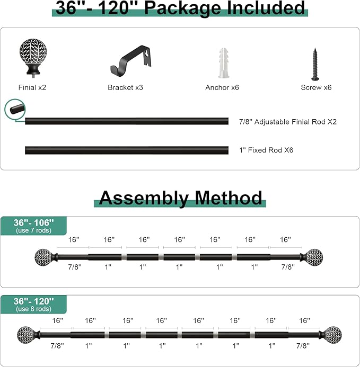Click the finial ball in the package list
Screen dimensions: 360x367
click(33, 57)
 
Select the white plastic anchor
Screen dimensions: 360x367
click(224, 63)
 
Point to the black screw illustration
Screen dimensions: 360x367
click(315, 64)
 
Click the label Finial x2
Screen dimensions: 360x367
click(32, 87)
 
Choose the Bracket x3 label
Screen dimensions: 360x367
click(125, 87)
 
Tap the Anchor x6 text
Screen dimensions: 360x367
click(222, 87)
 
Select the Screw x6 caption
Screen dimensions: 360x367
click(316, 87)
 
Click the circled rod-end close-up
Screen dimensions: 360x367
click(15, 109)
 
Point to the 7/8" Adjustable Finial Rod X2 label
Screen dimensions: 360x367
click(288, 122)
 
